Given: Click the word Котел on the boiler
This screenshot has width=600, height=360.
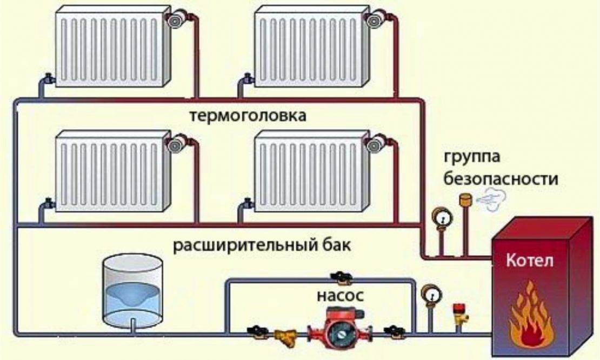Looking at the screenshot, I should point(530,262).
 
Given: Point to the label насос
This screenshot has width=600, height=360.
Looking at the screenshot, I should point(341,296).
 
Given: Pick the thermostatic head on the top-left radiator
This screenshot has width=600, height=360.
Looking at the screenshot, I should point(174,20).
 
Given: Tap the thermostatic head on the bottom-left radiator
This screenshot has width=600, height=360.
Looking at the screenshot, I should point(174,144).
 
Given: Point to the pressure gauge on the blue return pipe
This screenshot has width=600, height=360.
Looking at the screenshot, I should point(430,295).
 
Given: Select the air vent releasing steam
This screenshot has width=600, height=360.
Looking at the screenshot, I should point(464,201).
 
